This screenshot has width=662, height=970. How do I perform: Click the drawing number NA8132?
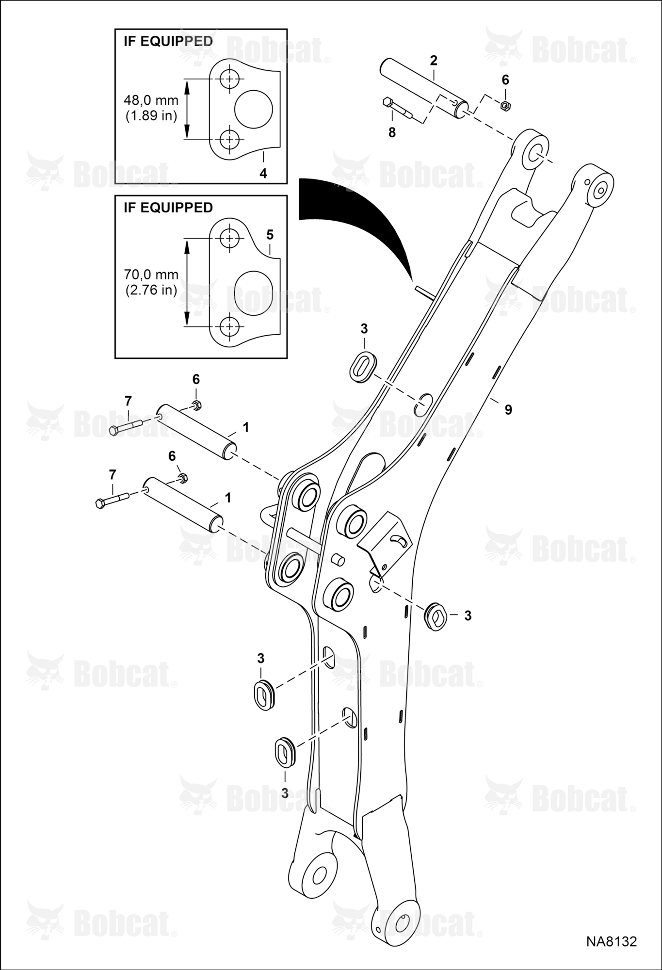click(611, 941)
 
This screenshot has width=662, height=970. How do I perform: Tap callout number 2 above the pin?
click(434, 61)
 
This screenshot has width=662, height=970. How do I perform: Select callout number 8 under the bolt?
click(392, 132)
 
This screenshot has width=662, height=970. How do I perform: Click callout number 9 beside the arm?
click(508, 410)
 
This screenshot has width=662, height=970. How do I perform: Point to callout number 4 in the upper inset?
click(263, 173)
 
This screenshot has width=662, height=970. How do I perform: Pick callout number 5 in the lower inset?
click(270, 235)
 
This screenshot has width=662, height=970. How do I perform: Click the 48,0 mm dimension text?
click(151, 100)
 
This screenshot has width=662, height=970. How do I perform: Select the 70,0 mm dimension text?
click(151, 275)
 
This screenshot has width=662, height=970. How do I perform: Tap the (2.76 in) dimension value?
click(151, 291)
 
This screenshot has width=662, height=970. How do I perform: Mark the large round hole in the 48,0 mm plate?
click(254, 109)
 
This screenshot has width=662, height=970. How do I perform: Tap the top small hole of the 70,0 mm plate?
click(228, 238)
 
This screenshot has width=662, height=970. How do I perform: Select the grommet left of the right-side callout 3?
click(436, 616)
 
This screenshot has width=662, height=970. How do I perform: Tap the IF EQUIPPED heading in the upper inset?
click(168, 41)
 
